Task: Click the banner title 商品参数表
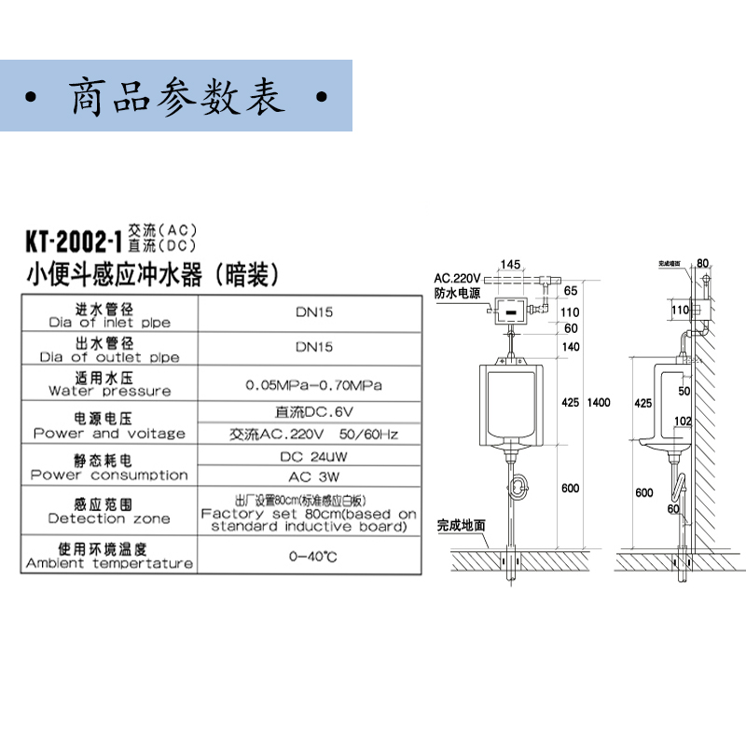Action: pos(177,97)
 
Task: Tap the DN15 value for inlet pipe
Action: pos(313,314)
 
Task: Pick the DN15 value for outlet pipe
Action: pos(313,347)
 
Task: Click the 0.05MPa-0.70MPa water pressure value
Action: pos(313,383)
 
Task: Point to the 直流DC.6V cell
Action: pos(313,411)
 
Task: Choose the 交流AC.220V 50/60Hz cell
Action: pos(313,434)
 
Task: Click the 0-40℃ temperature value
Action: pos(313,556)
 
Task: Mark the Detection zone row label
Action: pos(109,512)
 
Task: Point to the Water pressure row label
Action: pos(109,384)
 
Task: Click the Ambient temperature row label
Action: pos(109,556)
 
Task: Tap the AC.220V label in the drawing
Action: pos(457,278)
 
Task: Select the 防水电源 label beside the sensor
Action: pos(456,293)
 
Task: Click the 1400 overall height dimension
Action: pos(598,402)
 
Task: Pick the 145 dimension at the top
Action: pos(509,264)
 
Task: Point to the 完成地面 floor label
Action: pos(462,525)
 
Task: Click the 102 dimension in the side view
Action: pos(683,421)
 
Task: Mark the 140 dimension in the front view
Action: pos(571,346)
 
